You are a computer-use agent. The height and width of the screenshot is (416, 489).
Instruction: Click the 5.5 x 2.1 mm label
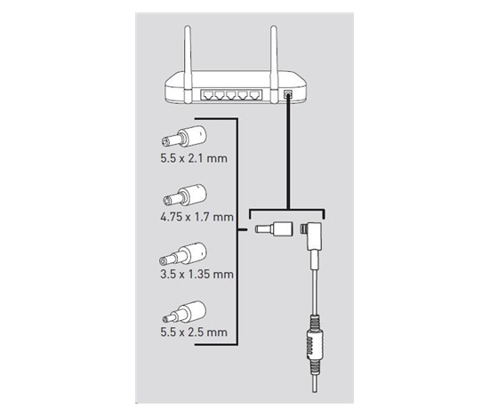[194, 158]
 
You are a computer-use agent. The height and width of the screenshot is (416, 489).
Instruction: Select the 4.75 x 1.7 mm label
[196, 217]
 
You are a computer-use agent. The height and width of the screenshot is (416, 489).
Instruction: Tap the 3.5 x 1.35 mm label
[196, 275]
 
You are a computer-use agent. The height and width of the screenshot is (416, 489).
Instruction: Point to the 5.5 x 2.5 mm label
[194, 332]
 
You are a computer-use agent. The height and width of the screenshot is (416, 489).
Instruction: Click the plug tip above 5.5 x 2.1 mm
[184, 136]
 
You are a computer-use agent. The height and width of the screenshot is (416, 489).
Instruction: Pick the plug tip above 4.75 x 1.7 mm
[185, 195]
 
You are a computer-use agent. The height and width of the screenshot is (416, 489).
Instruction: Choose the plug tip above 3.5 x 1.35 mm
[183, 253]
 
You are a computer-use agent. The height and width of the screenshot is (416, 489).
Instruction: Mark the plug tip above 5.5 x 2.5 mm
[184, 312]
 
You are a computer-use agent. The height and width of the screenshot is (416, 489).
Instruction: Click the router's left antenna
[188, 65]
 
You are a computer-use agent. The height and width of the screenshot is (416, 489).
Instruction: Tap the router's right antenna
[274, 65]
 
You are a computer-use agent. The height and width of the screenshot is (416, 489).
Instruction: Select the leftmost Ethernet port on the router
[207, 95]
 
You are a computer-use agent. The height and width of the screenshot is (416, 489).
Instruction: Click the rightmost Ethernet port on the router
[255, 95]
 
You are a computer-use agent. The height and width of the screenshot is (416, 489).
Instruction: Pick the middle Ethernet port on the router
[231, 95]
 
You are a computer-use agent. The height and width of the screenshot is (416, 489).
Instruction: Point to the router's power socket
[288, 94]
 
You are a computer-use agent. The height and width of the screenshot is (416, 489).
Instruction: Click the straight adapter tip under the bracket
[274, 229]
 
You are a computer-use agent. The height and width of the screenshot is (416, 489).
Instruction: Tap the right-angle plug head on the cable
[312, 236]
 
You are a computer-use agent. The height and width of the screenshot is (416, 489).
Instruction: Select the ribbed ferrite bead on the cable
[315, 345]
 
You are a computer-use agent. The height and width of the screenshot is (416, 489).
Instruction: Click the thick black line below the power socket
[288, 153]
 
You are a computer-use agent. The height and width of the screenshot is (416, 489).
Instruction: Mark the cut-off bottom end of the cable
[315, 391]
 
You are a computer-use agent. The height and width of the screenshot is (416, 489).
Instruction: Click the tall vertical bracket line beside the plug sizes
[237, 231]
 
